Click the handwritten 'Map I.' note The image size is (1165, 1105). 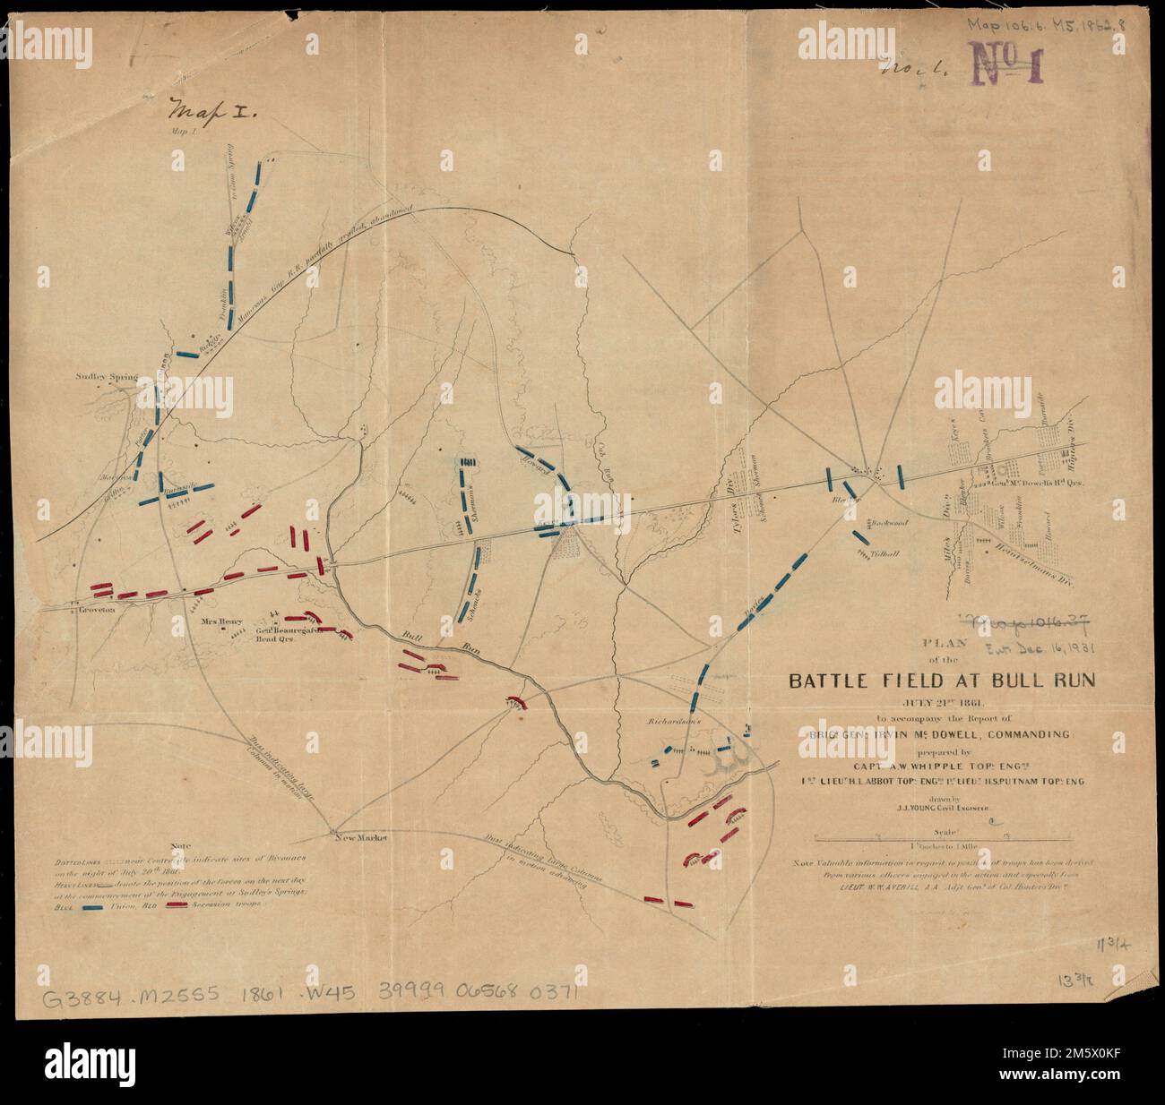pyautogui.click(x=211, y=113)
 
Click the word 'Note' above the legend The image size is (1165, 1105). pyautogui.click(x=181, y=845)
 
